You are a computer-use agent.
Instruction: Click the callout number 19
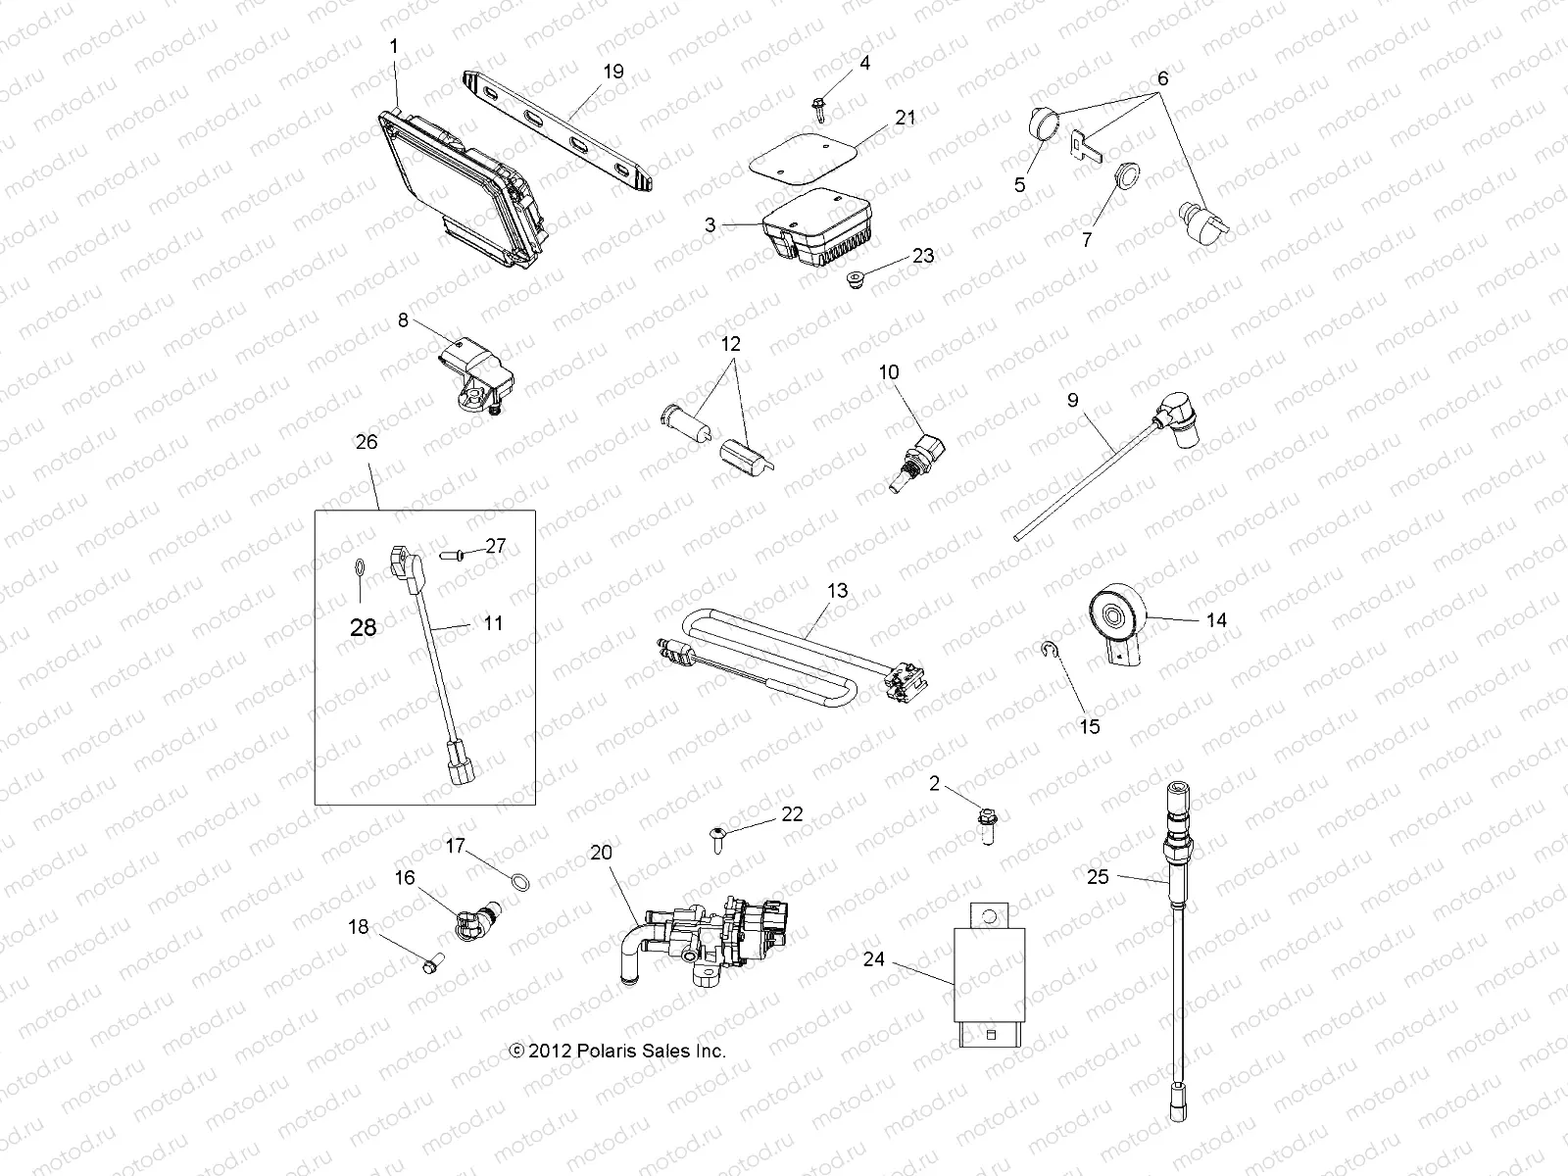(x=613, y=73)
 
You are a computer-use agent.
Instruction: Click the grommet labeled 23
(x=856, y=281)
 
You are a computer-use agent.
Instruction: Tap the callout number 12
(x=731, y=345)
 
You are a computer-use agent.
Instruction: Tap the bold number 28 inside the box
(x=363, y=627)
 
